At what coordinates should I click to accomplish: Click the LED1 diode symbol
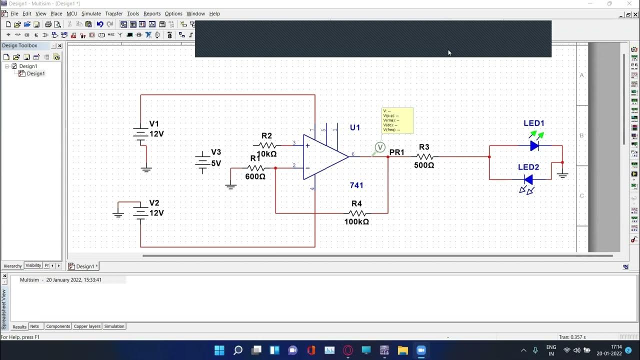pos(534,145)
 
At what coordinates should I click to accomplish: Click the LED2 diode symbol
pos(528,179)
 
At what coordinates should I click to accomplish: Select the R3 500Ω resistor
pos(424,156)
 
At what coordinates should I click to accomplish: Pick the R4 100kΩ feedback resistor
pos(357,213)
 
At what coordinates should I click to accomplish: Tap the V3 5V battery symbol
pos(202,161)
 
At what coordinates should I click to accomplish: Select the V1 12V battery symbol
pos(140,133)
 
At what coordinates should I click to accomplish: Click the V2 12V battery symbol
pos(140,212)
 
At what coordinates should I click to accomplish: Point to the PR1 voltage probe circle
pos(380,147)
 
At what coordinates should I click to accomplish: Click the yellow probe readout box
pos(397,120)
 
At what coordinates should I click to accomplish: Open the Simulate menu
pos(91,13)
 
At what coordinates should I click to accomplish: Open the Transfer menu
pos(113,13)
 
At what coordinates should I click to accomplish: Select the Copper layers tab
pos(87,326)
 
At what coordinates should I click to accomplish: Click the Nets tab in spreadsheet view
pos(34,326)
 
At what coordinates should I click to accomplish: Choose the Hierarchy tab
pos(12,266)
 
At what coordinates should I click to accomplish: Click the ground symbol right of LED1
pos(562,174)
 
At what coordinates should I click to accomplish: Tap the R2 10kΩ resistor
pos(267,145)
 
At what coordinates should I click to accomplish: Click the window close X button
pos(629,3)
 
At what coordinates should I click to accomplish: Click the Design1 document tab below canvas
pos(84,266)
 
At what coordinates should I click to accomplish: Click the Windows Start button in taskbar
pos(219,350)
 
